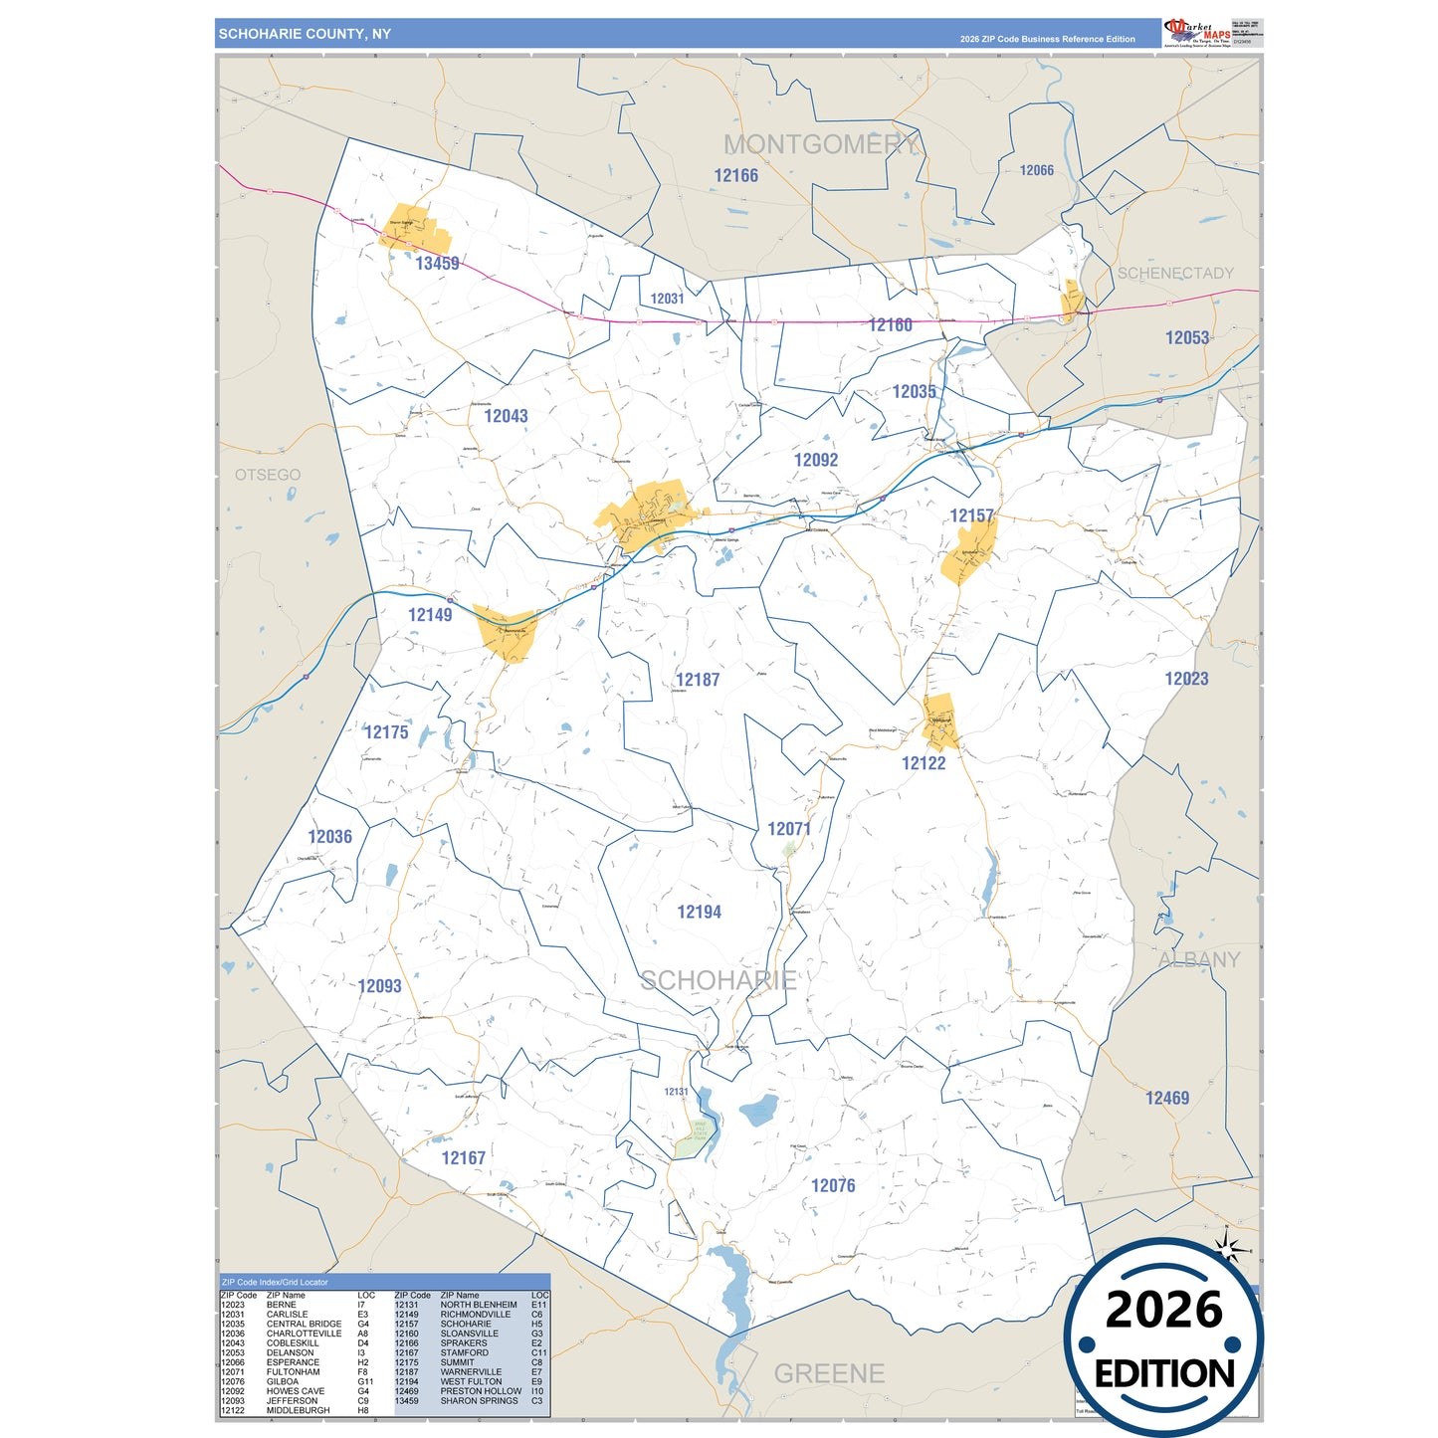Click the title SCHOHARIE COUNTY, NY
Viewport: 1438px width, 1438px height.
pos(305,34)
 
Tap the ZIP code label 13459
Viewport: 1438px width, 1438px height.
pos(437,264)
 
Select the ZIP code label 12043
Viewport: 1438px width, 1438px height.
pos(506,416)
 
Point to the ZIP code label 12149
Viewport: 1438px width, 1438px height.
pos(430,615)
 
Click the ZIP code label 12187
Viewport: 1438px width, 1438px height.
pos(697,680)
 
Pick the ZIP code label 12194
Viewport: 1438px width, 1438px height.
pos(699,912)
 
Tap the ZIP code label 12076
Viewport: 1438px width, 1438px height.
pos(833,1185)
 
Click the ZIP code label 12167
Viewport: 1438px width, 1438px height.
pos(463,1158)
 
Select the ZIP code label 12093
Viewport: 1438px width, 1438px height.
pos(379,986)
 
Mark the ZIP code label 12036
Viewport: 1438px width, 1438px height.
pos(329,837)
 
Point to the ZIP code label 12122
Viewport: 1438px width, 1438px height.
pos(924,763)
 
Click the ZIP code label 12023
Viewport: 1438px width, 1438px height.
pos(1186,679)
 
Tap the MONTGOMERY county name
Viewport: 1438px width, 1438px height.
pos(821,145)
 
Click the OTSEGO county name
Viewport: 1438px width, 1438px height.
pos(268,475)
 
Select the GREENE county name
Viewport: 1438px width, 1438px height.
pos(829,1373)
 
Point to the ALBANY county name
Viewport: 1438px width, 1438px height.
pos(1198,959)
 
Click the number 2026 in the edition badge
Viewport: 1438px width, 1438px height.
pos(1163,1310)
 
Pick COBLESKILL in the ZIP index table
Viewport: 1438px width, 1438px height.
pos(293,1342)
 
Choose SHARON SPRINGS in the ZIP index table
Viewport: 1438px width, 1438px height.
pos(479,1400)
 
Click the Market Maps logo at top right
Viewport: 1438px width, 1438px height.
pos(1197,32)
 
